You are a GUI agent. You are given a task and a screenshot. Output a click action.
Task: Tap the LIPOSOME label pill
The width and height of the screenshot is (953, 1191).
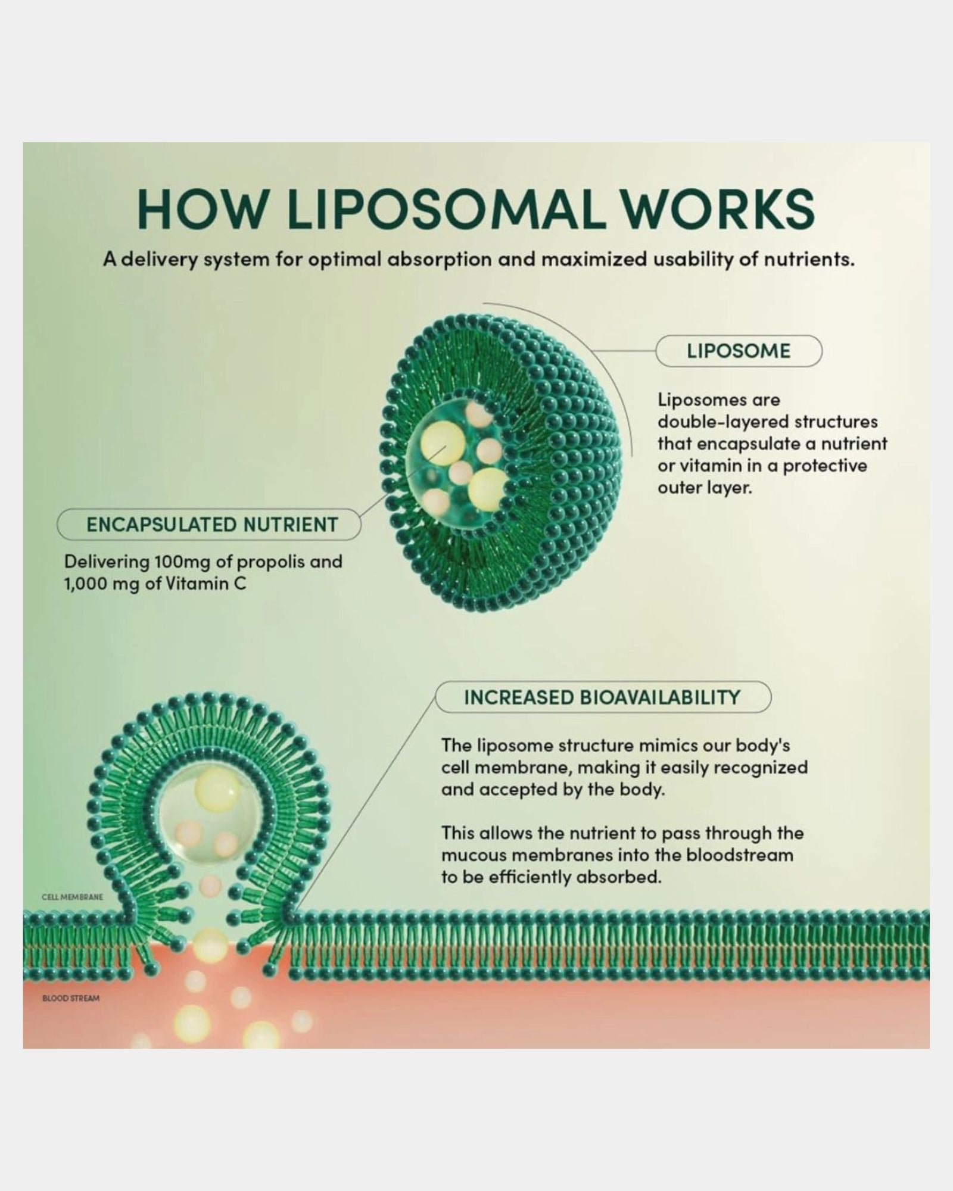pos(739,351)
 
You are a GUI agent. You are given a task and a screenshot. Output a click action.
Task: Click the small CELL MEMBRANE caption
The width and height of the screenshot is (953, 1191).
pos(73,913)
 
